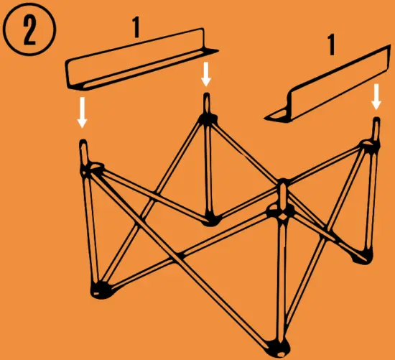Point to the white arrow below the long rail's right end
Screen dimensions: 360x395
click(207, 73)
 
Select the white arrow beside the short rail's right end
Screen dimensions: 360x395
click(376, 96)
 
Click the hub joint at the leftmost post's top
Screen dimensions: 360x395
click(92, 170)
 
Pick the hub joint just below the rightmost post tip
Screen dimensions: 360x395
click(368, 147)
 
